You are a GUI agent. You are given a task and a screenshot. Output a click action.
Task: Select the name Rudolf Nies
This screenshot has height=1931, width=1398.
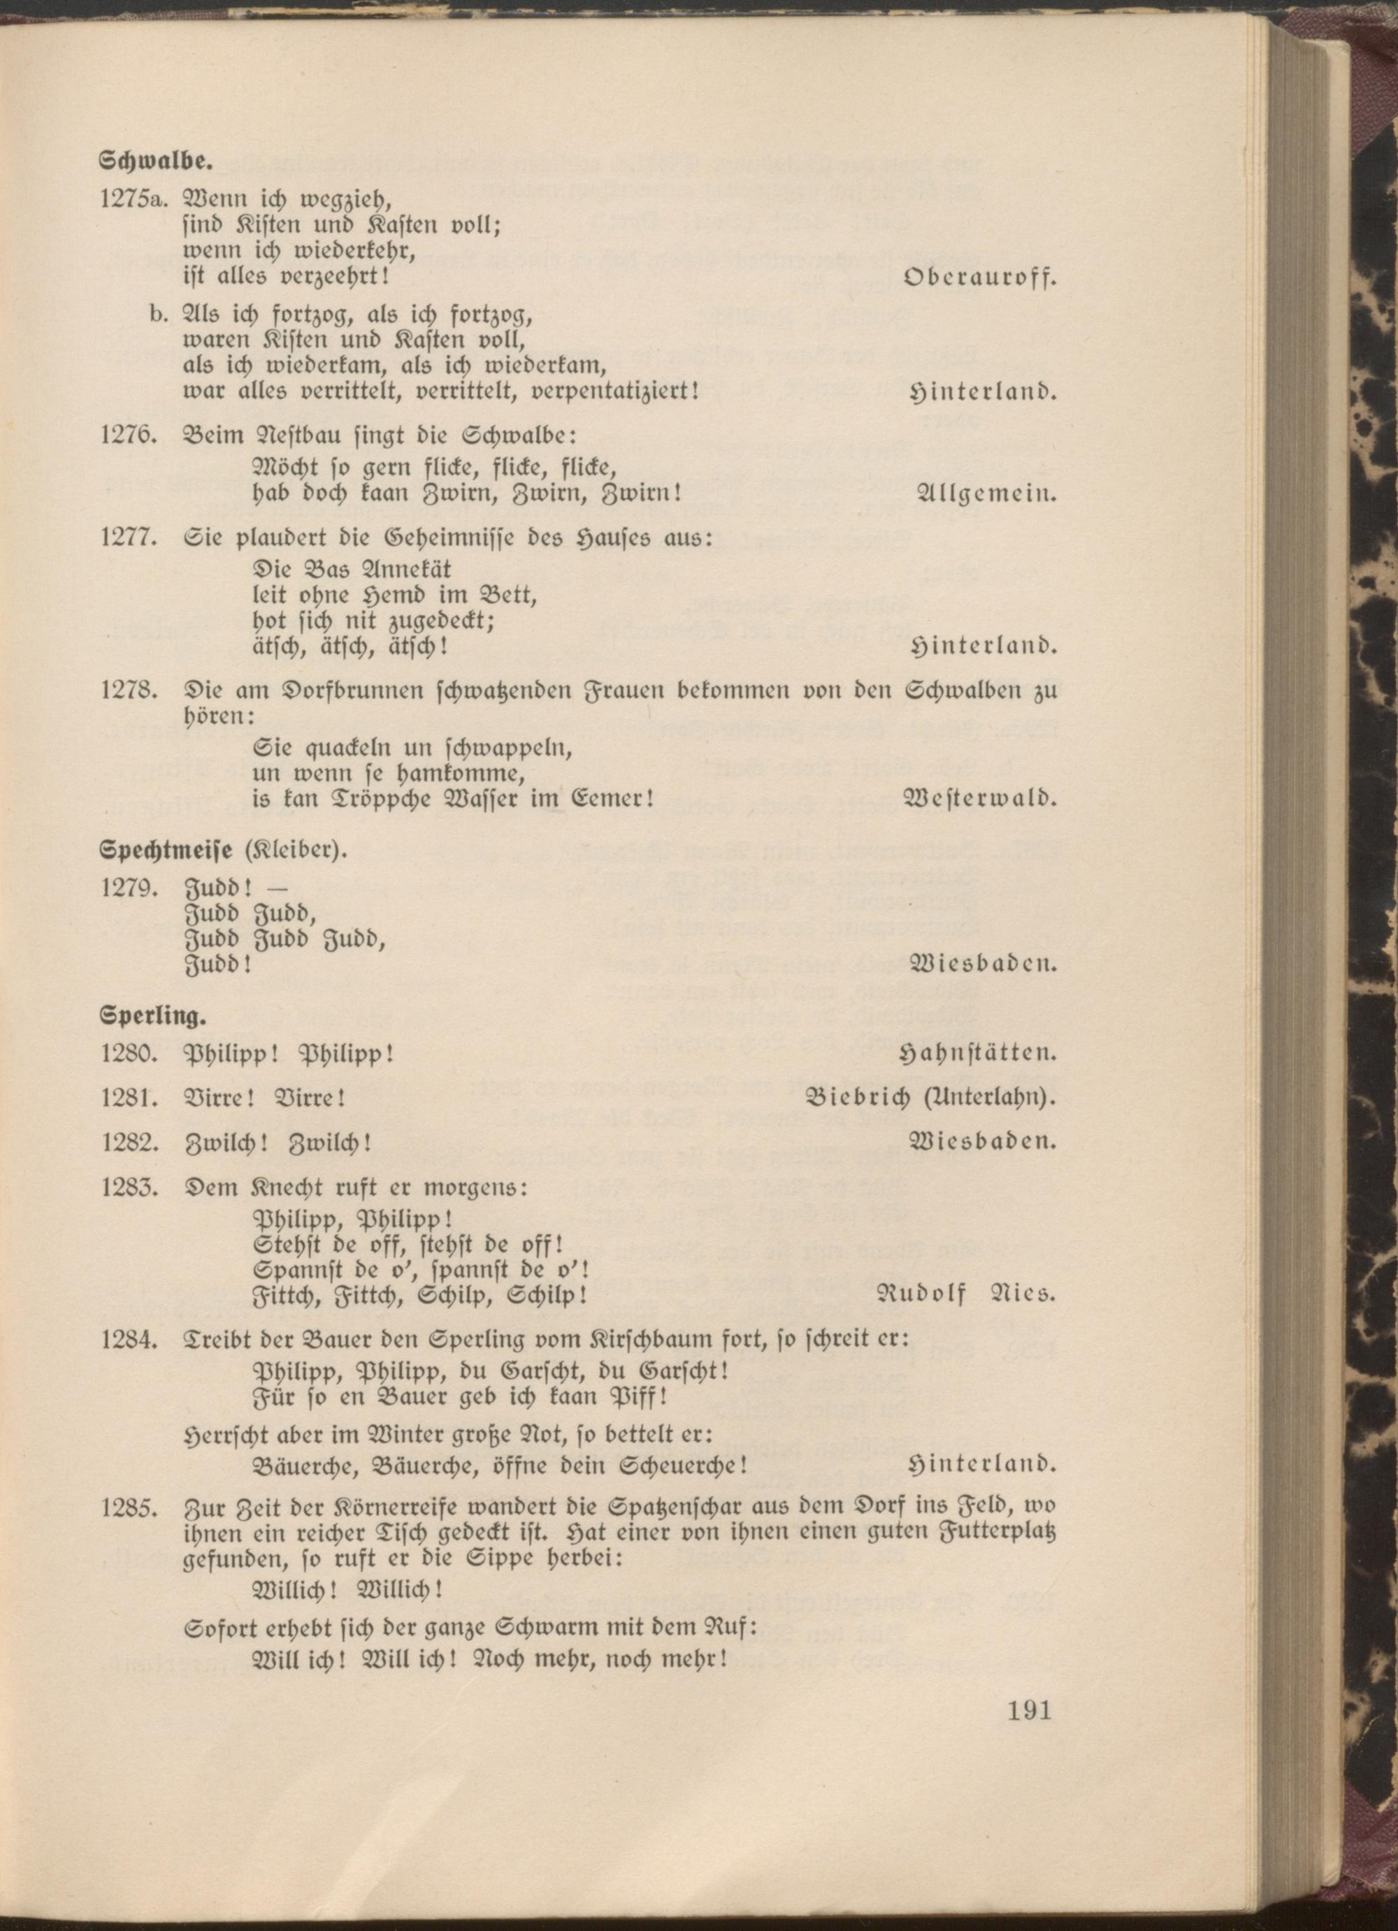coord(965,1295)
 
